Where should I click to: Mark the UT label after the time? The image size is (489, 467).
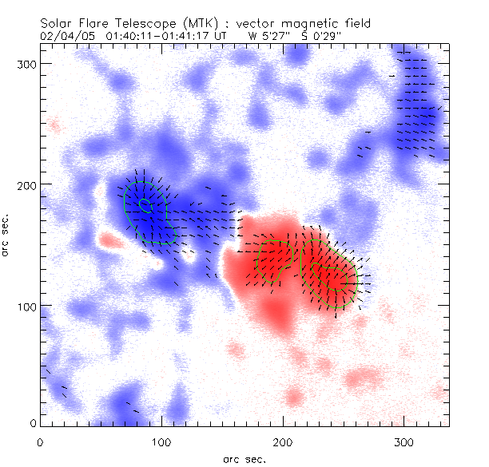[225, 37]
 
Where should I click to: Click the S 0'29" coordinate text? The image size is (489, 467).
[320, 37]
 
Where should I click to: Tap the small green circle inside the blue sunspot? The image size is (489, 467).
[145, 204]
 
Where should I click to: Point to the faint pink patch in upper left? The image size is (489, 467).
[54, 125]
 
